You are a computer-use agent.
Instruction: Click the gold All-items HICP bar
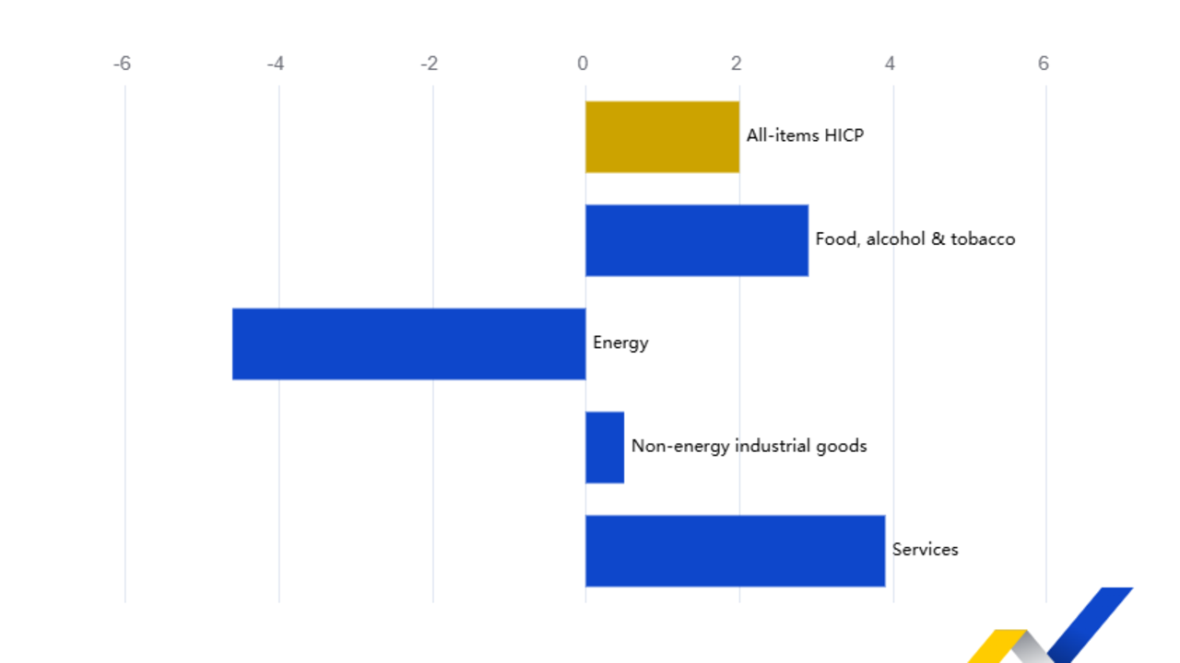[662, 136]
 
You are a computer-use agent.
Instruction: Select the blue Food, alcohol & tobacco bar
[697, 239]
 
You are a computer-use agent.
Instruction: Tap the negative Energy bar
[408, 343]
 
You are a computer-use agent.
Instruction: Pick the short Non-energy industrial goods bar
[605, 447]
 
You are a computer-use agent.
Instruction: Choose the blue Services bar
[735, 550]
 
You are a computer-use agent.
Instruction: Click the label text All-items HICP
[805, 136]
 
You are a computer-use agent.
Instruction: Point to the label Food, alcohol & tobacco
[914, 239]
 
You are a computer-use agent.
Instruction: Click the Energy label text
[620, 343]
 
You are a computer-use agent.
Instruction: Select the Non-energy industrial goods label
[749, 447]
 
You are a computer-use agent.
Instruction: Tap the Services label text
[925, 550]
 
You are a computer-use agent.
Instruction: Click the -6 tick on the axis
[122, 64]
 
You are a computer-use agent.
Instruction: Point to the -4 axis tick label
[275, 64]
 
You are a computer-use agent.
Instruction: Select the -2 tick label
[429, 64]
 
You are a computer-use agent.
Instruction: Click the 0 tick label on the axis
[583, 64]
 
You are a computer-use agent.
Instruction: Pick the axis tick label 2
[736, 64]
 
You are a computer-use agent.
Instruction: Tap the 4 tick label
[890, 64]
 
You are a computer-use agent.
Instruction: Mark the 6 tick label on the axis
[1044, 64]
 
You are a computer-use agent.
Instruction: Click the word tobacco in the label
[983, 239]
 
